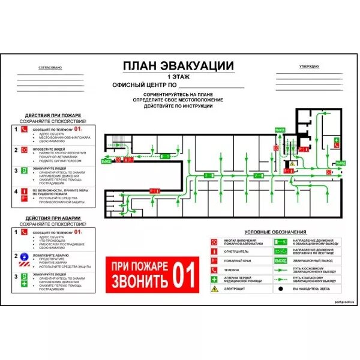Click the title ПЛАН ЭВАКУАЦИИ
[x=178, y=66]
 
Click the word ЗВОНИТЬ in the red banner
[x=138, y=281]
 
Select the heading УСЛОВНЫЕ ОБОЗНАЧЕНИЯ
[x=276, y=232]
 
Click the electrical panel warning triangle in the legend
[x=215, y=289]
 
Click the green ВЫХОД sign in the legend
[x=280, y=260]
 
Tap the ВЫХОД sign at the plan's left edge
[x=106, y=161]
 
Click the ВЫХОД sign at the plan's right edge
[x=341, y=163]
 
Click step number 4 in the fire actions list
[x=16, y=192]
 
